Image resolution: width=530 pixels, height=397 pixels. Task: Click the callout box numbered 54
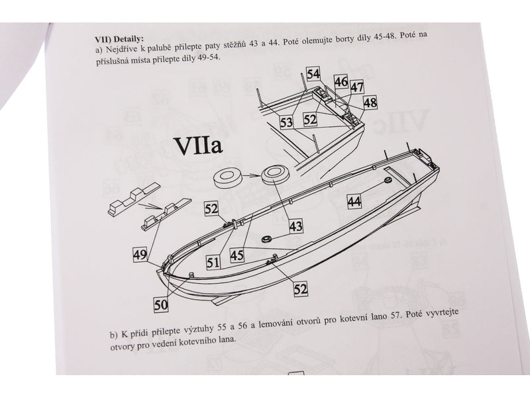(x=313, y=74)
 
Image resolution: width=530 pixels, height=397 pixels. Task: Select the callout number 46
(x=341, y=81)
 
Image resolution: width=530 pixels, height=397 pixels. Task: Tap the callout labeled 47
(x=357, y=87)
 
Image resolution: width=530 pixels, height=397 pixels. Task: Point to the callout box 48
(x=370, y=103)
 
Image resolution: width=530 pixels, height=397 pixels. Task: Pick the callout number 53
(x=286, y=122)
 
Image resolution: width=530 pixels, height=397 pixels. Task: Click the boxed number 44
(x=354, y=202)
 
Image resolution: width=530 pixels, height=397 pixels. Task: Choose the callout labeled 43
(x=295, y=226)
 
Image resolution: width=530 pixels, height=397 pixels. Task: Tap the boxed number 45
(x=237, y=255)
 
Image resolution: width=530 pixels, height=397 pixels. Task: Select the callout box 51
(x=213, y=262)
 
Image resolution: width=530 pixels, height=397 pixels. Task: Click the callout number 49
(x=140, y=254)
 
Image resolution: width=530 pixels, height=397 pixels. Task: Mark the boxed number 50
(x=161, y=305)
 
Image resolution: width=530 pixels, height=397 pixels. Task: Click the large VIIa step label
(x=198, y=146)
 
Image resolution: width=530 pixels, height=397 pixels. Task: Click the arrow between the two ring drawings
(x=252, y=175)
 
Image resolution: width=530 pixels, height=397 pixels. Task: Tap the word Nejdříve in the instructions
(x=121, y=49)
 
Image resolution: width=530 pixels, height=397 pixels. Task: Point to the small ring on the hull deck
(x=267, y=239)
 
